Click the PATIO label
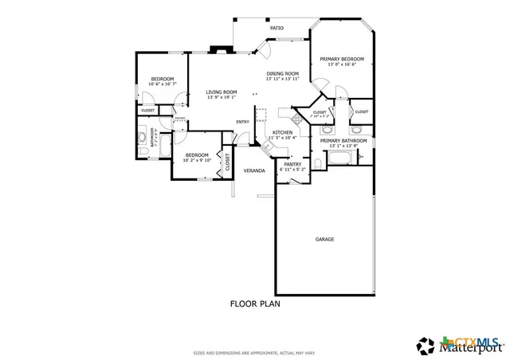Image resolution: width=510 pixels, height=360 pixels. click(x=277, y=28)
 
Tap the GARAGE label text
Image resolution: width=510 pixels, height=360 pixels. click(x=324, y=239)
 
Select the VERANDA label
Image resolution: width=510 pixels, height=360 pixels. click(x=254, y=170)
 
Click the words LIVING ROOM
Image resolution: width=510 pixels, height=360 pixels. click(x=221, y=92)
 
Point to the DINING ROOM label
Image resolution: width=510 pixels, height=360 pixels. click(x=282, y=73)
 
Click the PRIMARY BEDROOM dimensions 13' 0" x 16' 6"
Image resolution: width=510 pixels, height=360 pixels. click(x=341, y=65)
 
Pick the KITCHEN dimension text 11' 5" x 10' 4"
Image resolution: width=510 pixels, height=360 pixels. click(x=282, y=138)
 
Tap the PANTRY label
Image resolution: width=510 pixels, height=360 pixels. click(x=292, y=164)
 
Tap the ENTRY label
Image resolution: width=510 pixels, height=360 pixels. click(x=242, y=121)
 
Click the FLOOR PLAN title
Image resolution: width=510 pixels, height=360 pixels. click(x=255, y=303)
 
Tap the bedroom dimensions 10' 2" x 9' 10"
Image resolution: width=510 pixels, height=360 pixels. click(x=197, y=160)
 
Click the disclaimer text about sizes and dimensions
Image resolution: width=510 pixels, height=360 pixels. click(x=255, y=351)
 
